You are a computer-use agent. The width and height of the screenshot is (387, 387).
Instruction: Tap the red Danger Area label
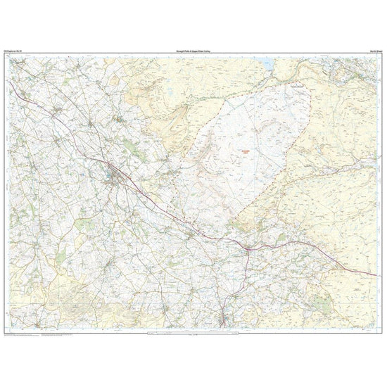[x=241, y=149]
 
